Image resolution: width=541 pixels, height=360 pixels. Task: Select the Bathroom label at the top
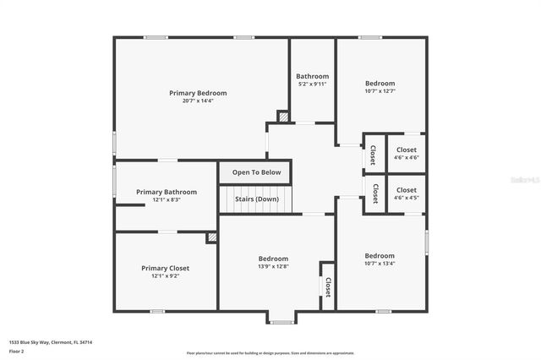coord(312,76)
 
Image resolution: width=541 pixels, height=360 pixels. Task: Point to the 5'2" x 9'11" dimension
coord(312,85)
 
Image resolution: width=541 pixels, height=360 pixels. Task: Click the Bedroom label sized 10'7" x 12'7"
coord(380,83)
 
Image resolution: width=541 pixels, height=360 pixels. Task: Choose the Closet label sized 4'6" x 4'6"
coord(406,150)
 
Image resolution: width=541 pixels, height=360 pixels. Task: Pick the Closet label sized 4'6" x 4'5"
coord(406,190)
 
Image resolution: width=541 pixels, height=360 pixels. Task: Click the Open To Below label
coord(256,172)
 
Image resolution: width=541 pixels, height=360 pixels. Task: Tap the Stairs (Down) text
coord(257,199)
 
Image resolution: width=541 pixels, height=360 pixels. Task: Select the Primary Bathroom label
coord(167,192)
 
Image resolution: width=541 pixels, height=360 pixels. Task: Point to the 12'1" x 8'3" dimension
coord(167,199)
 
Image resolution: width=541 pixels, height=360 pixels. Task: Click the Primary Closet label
coord(166,268)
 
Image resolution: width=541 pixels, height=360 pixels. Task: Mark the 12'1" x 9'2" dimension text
coord(166,275)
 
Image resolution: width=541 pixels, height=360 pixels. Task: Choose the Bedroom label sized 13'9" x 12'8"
coord(273,259)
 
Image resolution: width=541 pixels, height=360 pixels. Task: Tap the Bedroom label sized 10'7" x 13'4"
coord(380,255)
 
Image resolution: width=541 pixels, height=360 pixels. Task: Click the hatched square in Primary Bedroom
coord(283,117)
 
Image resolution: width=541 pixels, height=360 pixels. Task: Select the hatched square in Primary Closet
coord(212,238)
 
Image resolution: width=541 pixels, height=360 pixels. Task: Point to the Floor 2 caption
coord(17,351)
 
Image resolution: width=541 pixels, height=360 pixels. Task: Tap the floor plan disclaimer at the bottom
coord(270,352)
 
